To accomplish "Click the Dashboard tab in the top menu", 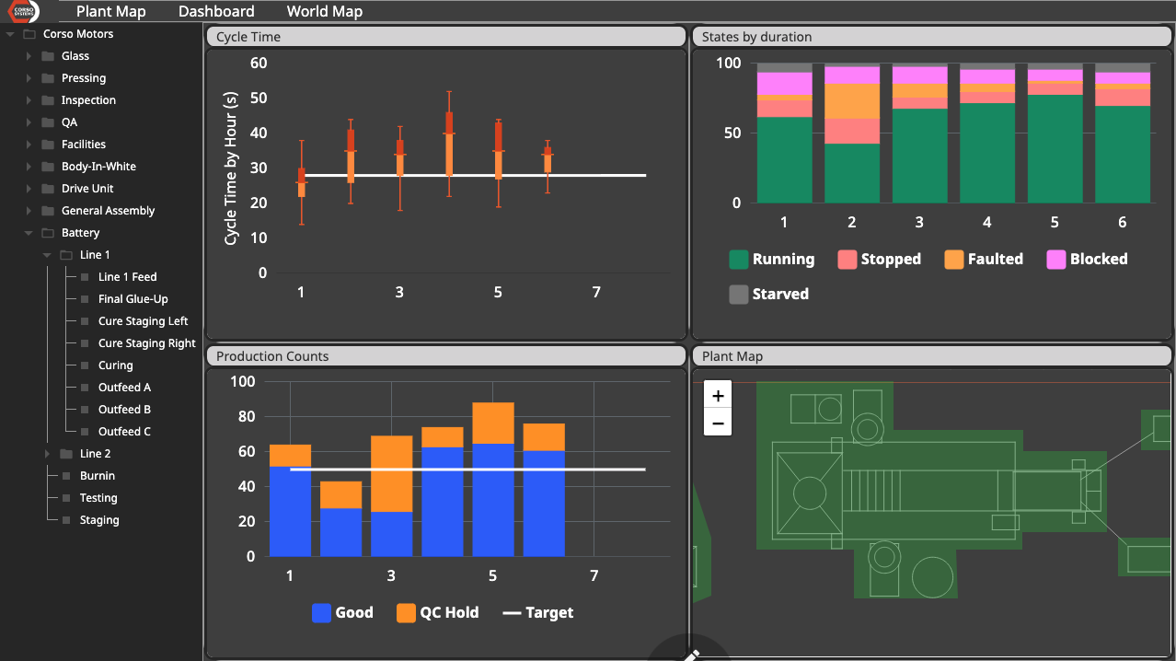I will click(216, 12).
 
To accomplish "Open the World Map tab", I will click(324, 12).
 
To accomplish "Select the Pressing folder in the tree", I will click(84, 78).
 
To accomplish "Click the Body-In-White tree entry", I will click(98, 167).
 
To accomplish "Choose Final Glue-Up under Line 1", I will click(133, 299).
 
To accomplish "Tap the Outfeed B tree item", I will click(124, 410).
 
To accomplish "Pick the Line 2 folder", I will click(95, 454).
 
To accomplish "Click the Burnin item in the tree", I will click(98, 476).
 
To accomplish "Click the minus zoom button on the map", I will click(718, 423).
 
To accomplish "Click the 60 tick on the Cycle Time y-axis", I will click(259, 64).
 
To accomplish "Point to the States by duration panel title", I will click(756, 37).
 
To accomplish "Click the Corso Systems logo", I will click(20, 12).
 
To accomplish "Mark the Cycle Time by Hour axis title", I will click(231, 168).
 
